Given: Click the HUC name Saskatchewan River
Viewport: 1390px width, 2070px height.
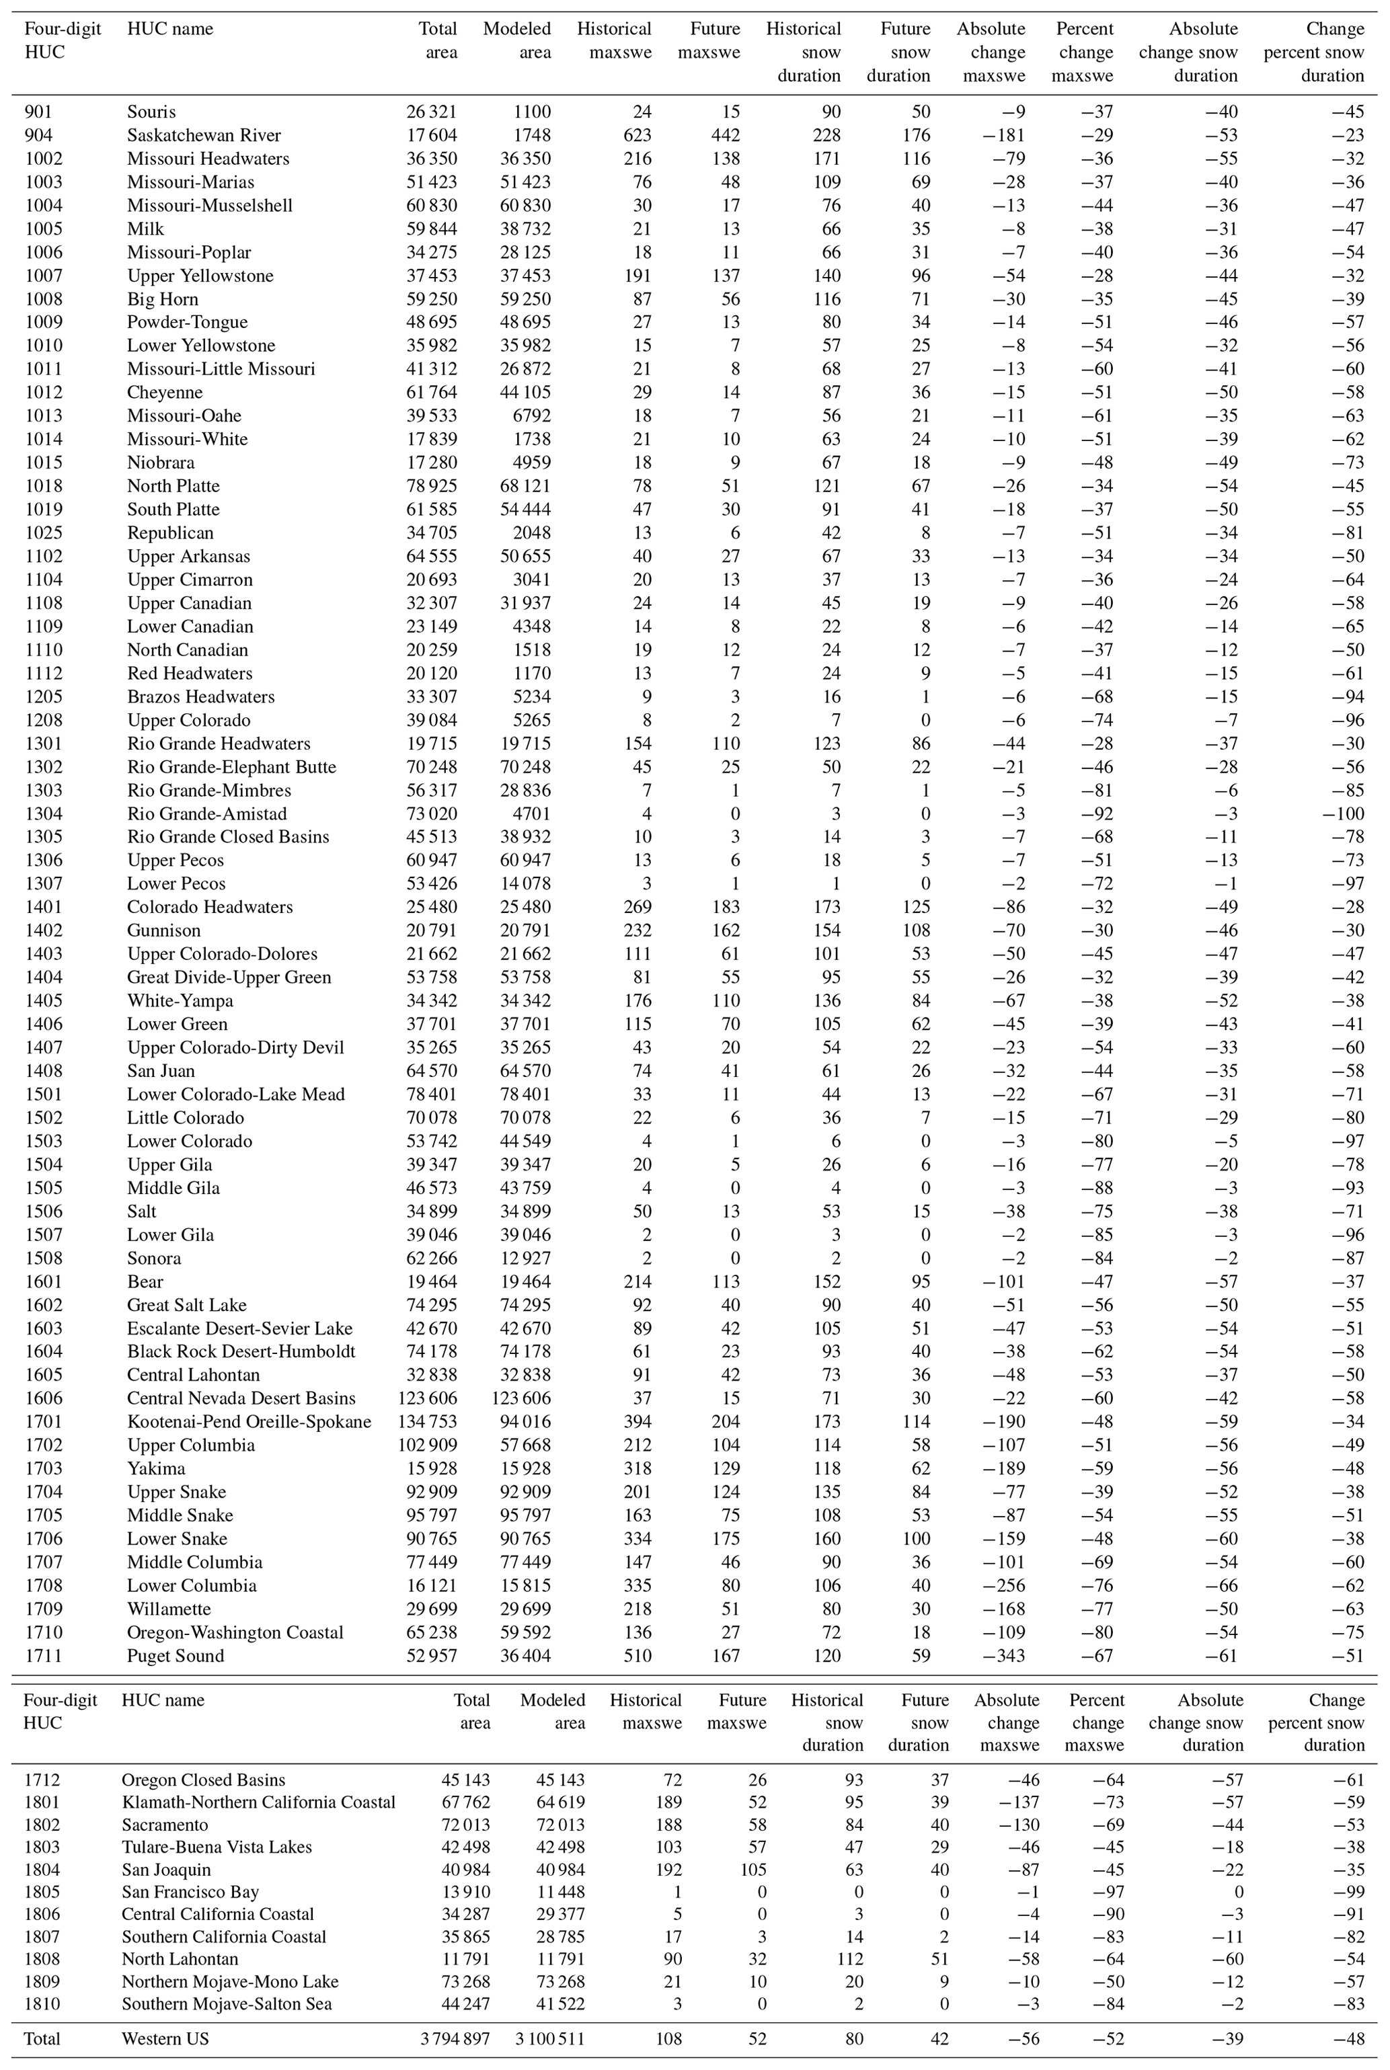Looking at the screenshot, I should [x=204, y=136].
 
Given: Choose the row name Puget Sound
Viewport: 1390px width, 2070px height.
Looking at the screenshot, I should [x=176, y=1656].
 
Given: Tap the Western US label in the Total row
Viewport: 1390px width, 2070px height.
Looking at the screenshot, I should [x=165, y=2039].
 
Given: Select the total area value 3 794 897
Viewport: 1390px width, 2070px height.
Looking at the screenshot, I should [x=456, y=2039].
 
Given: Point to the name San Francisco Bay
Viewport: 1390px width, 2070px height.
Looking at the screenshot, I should [x=190, y=1892].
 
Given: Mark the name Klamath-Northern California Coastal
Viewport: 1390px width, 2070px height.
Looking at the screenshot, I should [x=258, y=1802].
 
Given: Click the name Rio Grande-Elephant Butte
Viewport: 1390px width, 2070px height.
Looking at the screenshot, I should [x=231, y=766].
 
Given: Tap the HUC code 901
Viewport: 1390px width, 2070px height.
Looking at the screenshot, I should [x=38, y=112].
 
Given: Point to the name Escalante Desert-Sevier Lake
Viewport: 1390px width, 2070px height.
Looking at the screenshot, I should [x=239, y=1328].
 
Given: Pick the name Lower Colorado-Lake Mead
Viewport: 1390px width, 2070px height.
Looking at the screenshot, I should [x=236, y=1094].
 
